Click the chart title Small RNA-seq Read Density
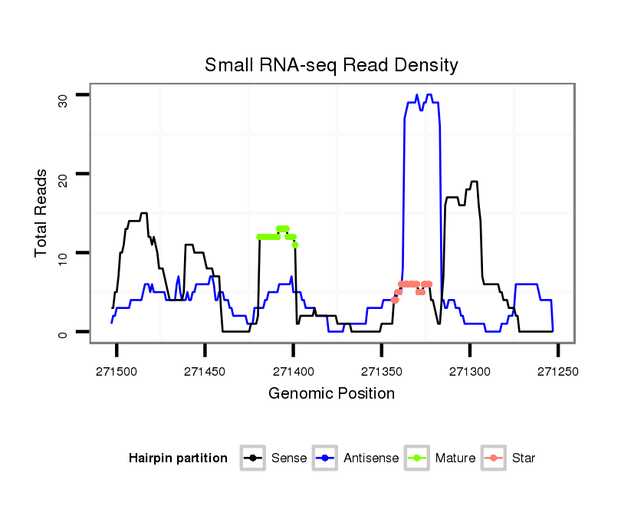331,65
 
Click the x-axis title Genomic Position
331,394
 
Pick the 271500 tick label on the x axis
117,370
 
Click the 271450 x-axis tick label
205,370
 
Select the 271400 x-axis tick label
293,370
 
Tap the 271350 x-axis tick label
381,370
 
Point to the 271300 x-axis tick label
469,370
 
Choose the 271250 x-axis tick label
557,370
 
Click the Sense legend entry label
289,458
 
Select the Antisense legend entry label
371,458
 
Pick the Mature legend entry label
455,458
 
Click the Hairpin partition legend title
179,458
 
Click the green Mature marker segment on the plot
276,236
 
